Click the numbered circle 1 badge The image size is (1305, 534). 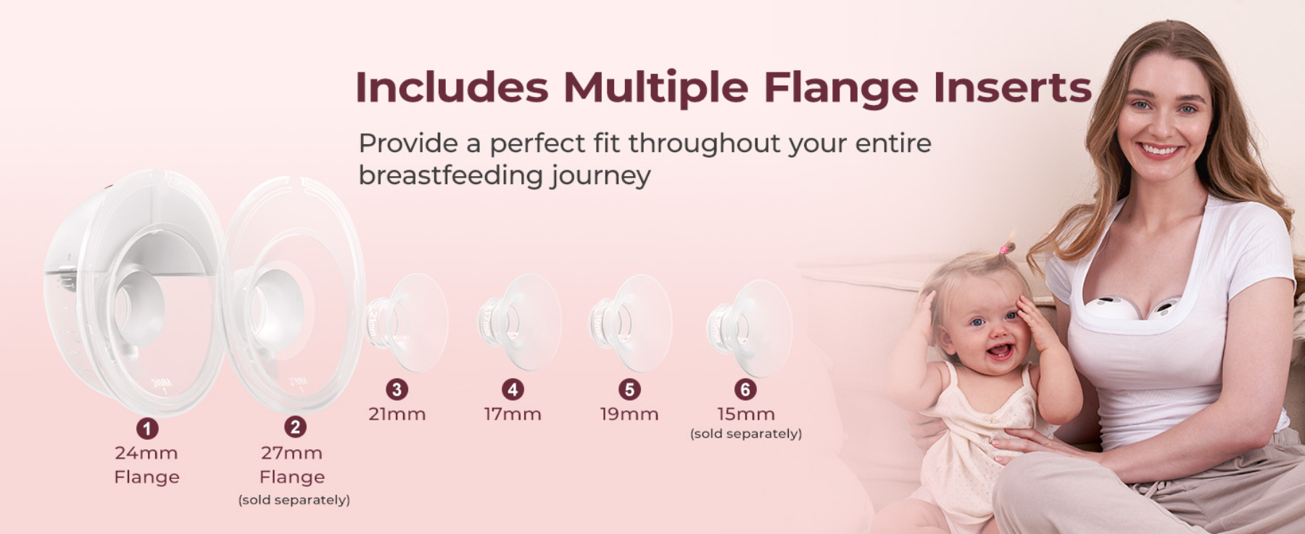coord(147,428)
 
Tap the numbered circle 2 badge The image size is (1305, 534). coord(294,427)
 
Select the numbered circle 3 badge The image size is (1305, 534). coord(397,389)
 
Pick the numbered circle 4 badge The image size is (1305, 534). coord(513,389)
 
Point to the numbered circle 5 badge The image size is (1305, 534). coord(629,389)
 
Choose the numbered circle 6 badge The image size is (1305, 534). coord(745,389)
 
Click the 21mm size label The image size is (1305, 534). coord(397,414)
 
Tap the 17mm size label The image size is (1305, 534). coord(513,414)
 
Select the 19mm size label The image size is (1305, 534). coord(629,414)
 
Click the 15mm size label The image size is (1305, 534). coord(746,414)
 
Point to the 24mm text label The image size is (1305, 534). coord(146,453)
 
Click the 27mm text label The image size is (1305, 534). coord(292,453)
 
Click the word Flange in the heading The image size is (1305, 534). coord(841,88)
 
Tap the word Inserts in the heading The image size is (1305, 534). coord(1012,87)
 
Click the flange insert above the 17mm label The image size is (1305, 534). coord(519,322)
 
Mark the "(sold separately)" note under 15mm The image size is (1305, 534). coord(746,434)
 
